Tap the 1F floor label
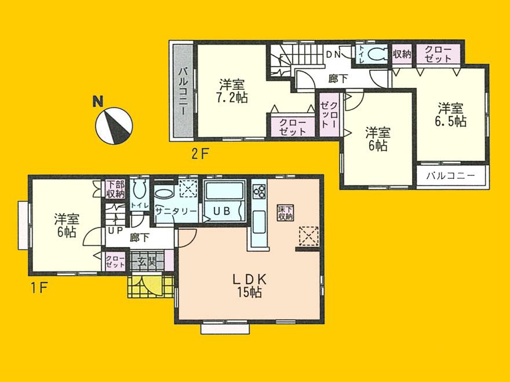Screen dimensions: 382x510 [39, 286]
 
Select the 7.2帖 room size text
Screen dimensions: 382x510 [233, 98]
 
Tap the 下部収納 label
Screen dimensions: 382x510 [115, 189]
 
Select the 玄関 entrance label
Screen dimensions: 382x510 [145, 262]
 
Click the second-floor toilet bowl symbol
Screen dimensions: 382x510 [377, 54]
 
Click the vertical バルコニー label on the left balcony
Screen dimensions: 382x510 [182, 91]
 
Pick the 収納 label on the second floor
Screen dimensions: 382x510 [402, 54]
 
